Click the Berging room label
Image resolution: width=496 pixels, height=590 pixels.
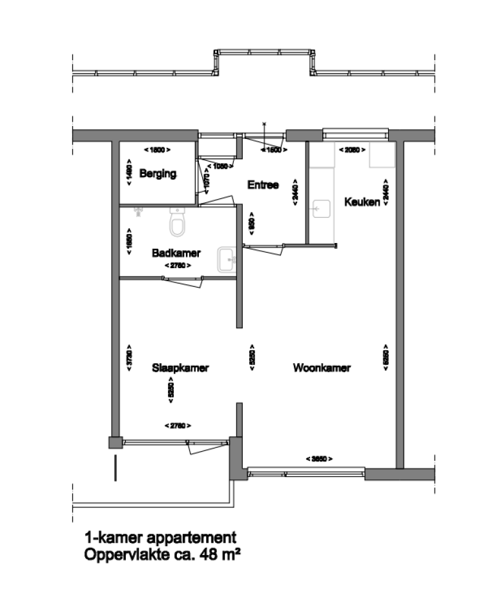[158, 174]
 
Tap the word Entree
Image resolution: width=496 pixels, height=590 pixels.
[263, 185]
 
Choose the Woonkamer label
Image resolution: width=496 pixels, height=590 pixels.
[322, 368]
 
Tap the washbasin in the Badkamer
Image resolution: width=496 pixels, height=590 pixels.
[227, 259]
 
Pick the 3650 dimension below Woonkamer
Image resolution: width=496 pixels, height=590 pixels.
[319, 458]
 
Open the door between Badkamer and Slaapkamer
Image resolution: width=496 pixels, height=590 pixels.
[183, 280]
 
